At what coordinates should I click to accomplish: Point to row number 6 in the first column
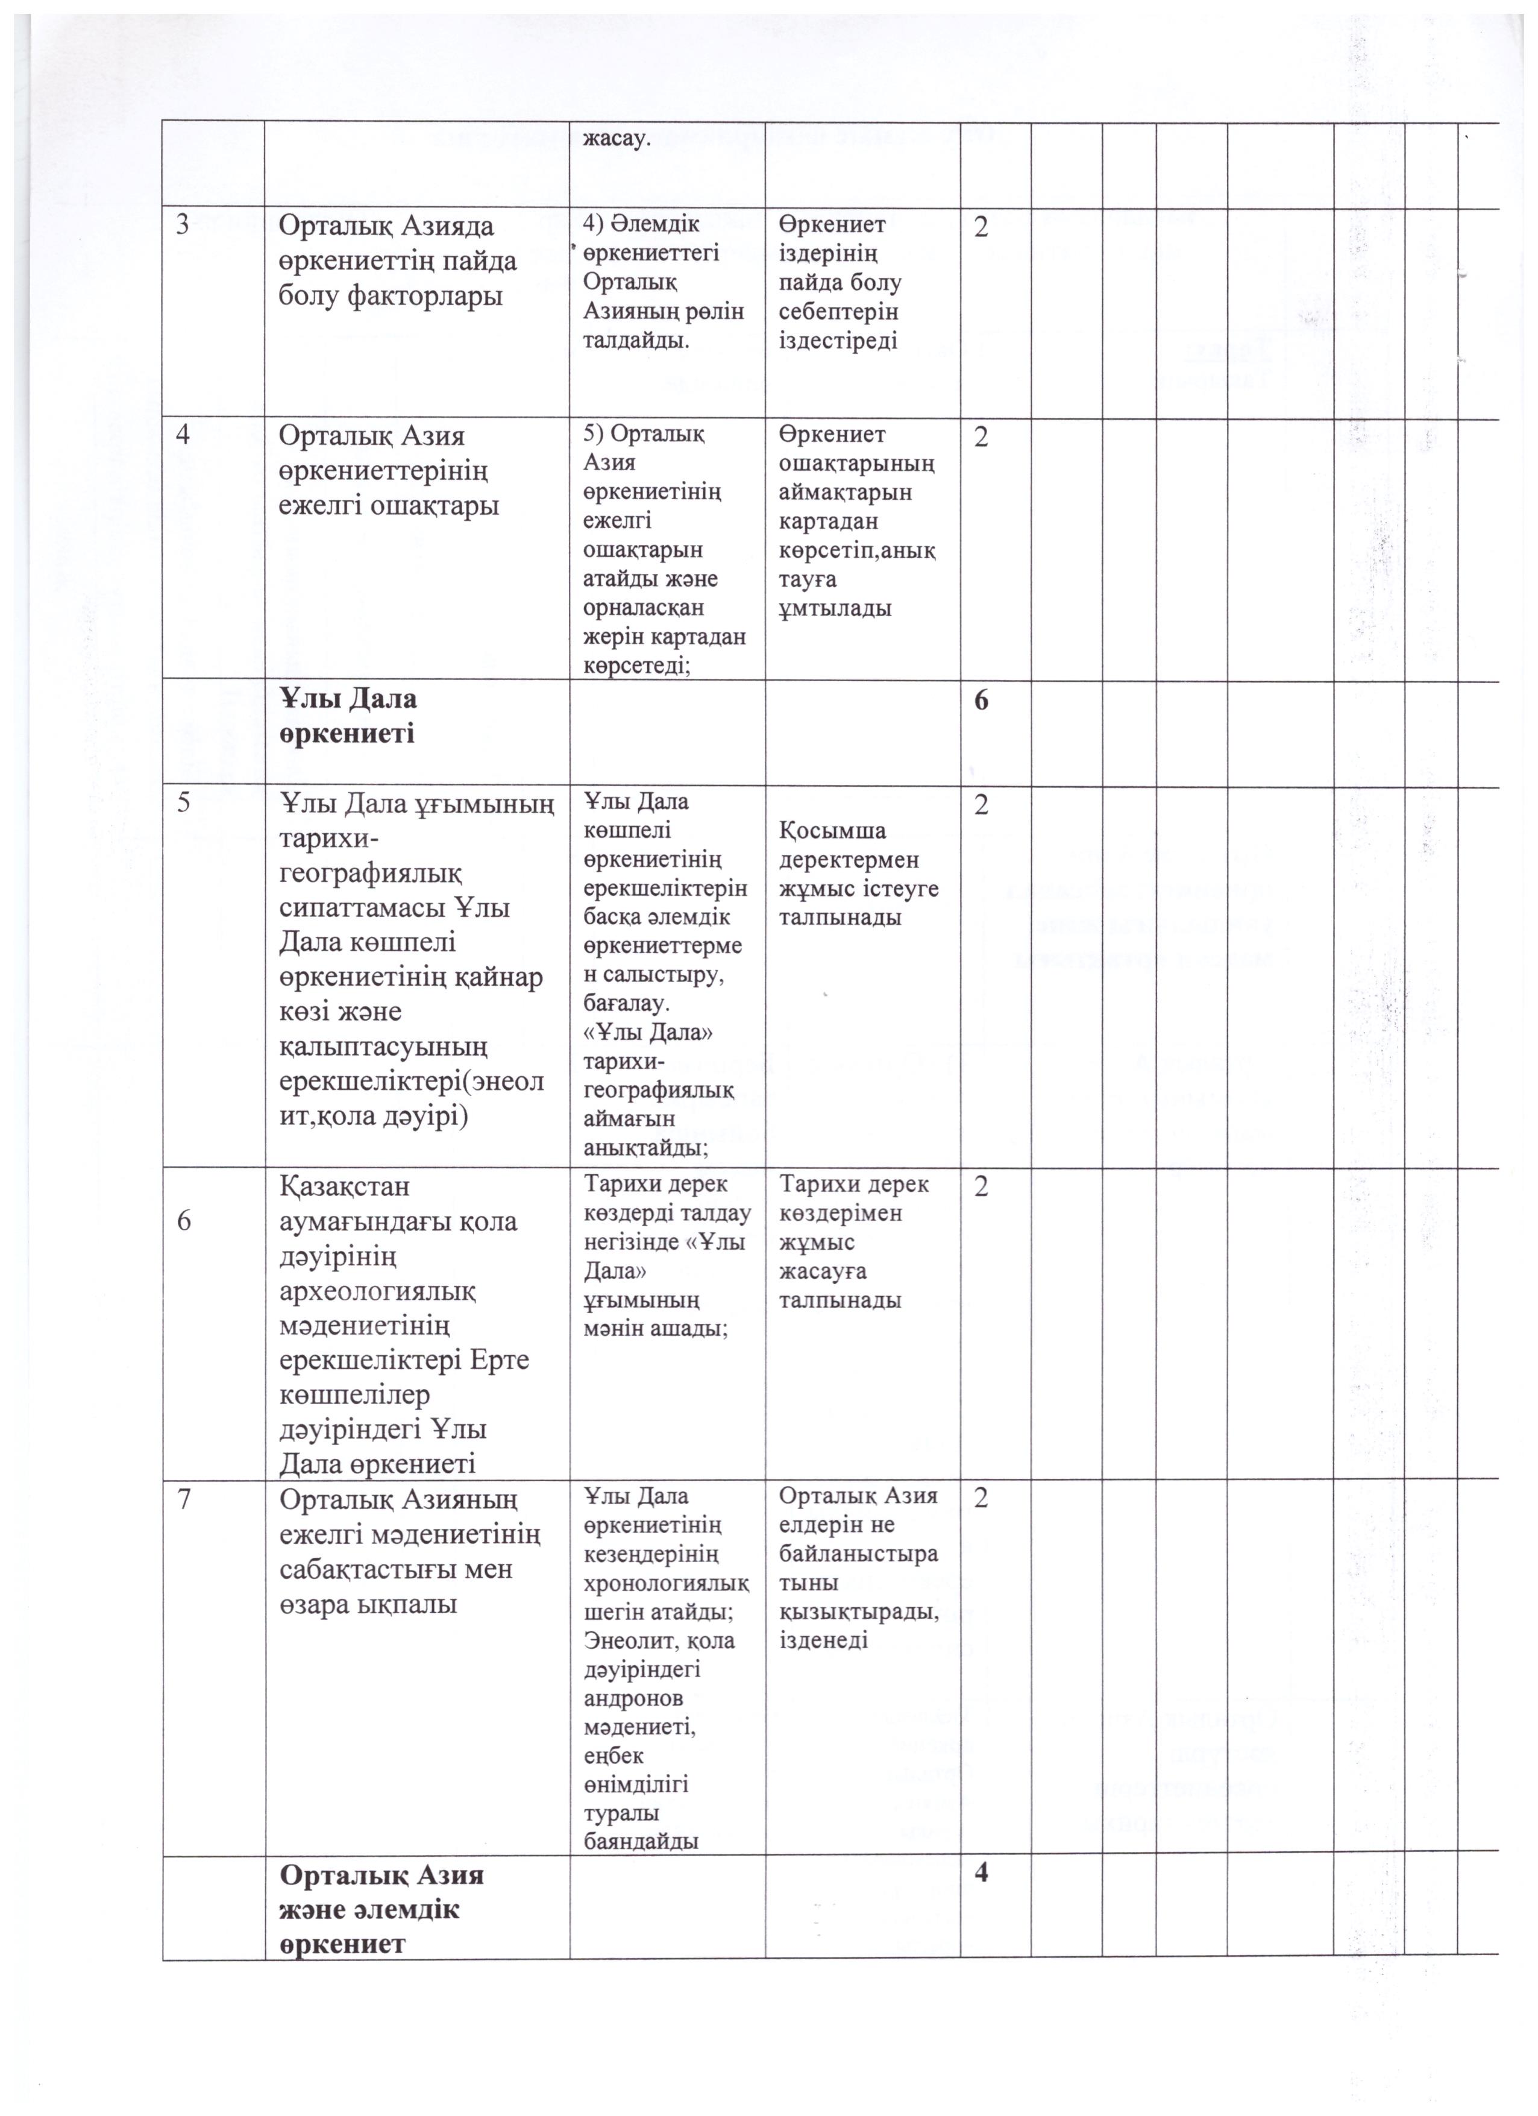click(x=184, y=1220)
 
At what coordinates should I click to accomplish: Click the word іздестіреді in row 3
click(x=838, y=341)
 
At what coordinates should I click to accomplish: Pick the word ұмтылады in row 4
click(x=835, y=608)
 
